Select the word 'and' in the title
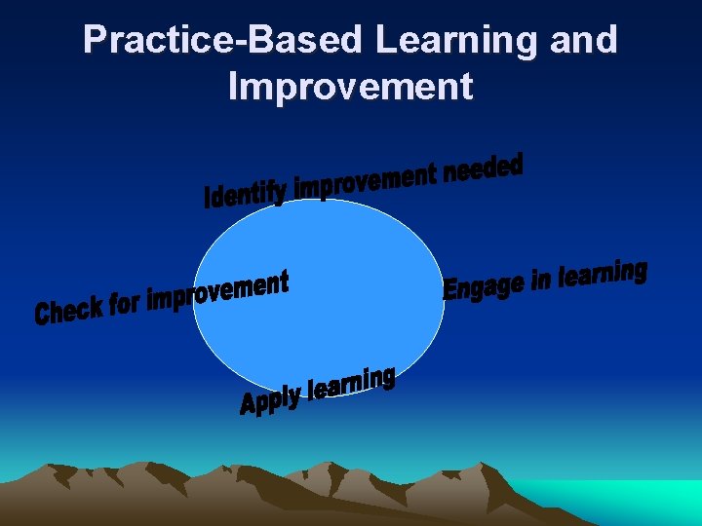[582, 40]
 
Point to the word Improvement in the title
[350, 86]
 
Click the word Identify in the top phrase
[245, 193]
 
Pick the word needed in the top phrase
[483, 169]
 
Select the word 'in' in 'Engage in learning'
[541, 280]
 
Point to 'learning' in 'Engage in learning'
[603, 274]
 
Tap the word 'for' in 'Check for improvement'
[125, 304]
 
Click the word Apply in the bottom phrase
[270, 399]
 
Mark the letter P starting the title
[94, 40]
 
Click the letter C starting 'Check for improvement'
[42, 315]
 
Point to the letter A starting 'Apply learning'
[249, 404]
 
